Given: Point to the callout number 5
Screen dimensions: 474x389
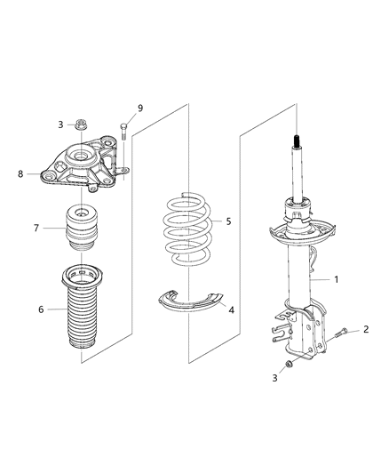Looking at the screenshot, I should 228,221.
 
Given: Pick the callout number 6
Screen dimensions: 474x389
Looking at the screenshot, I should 41,309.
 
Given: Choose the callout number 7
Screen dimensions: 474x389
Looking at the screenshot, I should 36,228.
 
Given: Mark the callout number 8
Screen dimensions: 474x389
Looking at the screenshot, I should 20,174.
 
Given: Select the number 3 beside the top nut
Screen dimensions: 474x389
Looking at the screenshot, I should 60,125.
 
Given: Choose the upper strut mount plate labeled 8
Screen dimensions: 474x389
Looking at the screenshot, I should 83,167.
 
